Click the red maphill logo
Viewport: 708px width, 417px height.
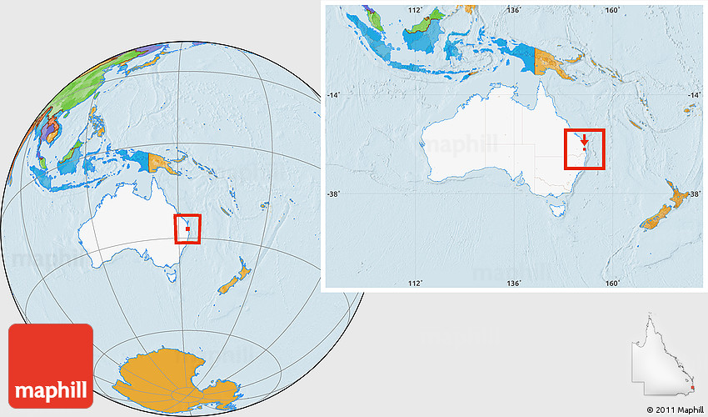[x=51, y=365]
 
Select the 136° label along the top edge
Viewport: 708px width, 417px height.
[x=514, y=10]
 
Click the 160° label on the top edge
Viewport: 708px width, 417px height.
[x=612, y=10]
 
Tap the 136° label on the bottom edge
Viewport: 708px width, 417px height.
[x=514, y=284]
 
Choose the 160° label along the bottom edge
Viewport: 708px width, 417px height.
[x=612, y=284]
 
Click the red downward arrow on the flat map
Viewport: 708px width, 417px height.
[x=585, y=139]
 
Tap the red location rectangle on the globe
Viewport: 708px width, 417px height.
[x=188, y=228]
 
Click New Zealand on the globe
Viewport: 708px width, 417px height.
[x=236, y=278]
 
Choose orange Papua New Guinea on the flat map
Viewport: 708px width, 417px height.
[x=552, y=63]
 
